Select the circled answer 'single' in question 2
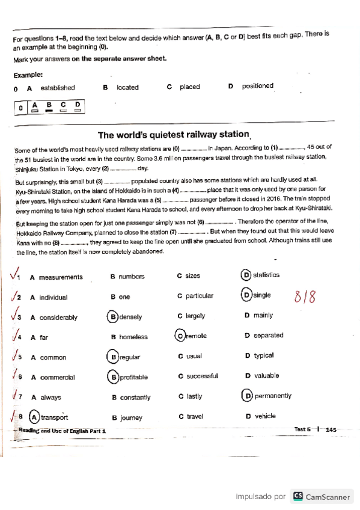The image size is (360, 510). (x=258, y=295)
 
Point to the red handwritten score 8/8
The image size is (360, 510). (x=305, y=296)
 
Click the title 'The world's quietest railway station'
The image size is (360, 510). (x=173, y=135)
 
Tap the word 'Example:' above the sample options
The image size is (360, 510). (x=28, y=75)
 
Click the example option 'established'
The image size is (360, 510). (x=58, y=88)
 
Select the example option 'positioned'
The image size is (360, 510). (x=258, y=86)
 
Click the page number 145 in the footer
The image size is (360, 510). (x=331, y=429)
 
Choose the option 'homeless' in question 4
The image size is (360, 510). (x=133, y=337)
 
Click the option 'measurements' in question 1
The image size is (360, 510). (x=61, y=277)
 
